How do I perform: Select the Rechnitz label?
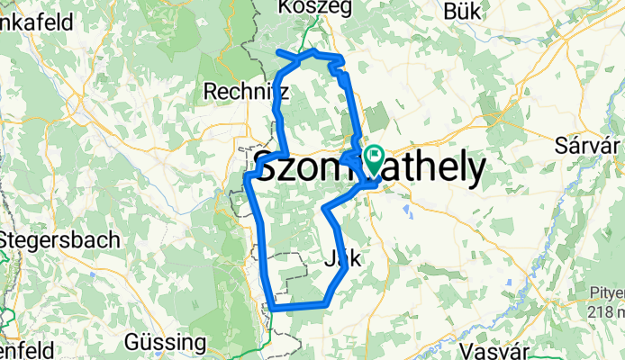click(x=246, y=91)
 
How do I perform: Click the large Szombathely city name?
click(x=368, y=169)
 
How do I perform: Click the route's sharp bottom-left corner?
click(x=271, y=309)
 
